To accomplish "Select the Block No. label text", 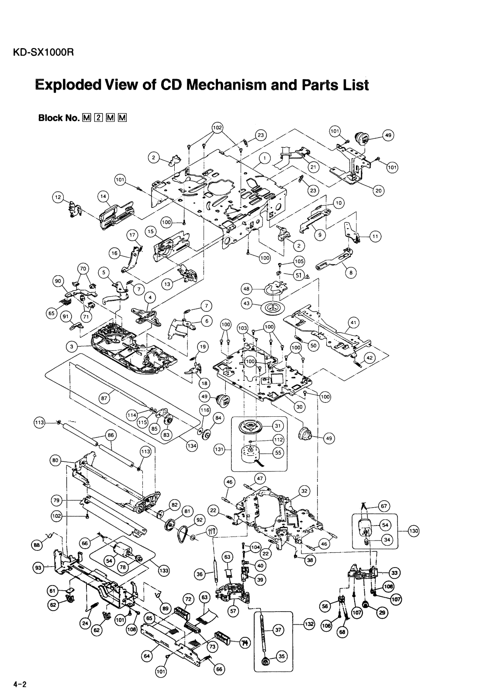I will click(59, 118).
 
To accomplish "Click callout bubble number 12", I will click(57, 197).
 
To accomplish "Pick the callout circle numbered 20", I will click(378, 190).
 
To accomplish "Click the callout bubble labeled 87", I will click(104, 398).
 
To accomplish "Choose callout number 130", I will click(413, 531).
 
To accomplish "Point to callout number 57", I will click(233, 612).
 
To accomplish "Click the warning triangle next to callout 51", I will click(307, 277).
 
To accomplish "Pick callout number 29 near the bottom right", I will click(382, 612).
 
